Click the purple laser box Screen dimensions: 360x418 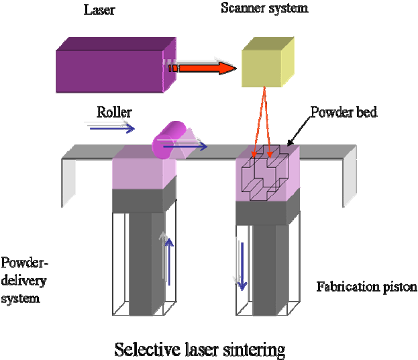(111, 64)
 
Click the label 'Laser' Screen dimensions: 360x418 (100, 9)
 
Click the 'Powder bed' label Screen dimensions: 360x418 (344, 112)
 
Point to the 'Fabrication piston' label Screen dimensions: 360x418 (366, 287)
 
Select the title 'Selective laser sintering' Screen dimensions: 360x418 (199, 349)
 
